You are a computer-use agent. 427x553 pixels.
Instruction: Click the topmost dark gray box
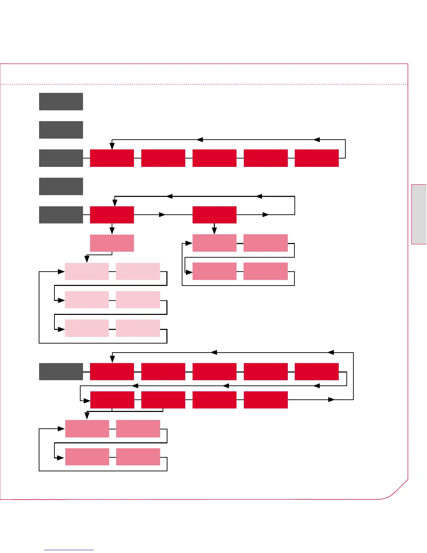(61, 102)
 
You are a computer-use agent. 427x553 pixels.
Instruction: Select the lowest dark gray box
(61, 371)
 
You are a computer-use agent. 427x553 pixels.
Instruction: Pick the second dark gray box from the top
(61, 130)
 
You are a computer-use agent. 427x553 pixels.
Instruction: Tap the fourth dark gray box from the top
(61, 186)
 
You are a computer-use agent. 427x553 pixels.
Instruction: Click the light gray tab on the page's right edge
(419, 214)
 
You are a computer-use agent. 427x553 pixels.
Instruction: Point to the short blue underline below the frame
(69, 550)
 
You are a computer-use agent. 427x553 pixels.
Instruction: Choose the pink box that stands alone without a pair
(112, 243)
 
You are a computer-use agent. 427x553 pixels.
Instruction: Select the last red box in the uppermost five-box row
(317, 158)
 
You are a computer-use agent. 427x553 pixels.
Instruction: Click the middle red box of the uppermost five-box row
(215, 158)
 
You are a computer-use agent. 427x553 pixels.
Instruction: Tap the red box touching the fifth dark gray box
(112, 215)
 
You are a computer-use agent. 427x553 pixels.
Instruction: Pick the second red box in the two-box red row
(215, 215)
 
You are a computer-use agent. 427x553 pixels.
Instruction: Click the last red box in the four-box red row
(266, 400)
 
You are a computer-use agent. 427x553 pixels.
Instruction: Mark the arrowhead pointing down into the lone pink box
(112, 231)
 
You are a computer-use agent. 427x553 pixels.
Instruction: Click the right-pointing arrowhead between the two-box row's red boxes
(162, 215)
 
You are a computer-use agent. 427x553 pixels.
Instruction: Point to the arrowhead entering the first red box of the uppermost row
(112, 146)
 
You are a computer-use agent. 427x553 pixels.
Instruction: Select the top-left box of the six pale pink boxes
(87, 271)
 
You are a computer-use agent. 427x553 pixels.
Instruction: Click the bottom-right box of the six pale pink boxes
(138, 328)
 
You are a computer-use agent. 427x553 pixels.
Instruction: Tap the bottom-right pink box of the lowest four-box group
(138, 457)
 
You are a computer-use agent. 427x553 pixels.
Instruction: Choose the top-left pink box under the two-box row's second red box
(215, 243)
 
